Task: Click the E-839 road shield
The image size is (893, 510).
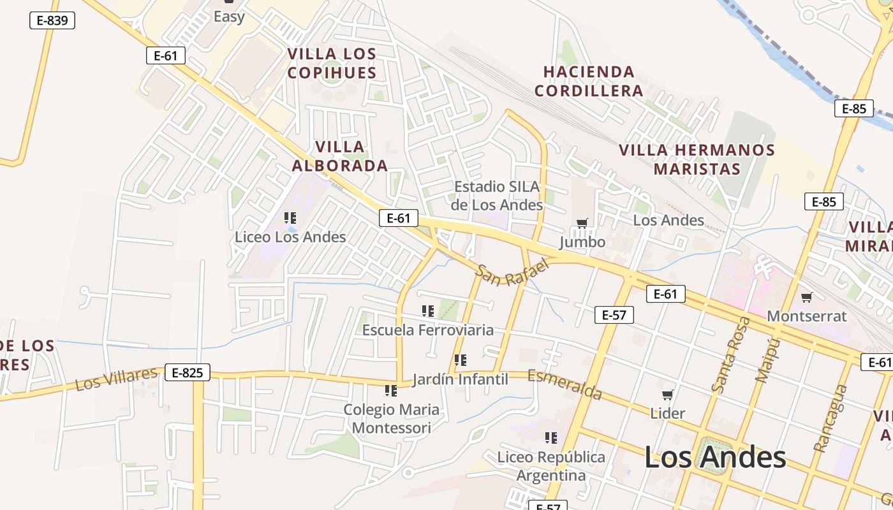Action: tap(52, 20)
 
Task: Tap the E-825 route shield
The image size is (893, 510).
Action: tap(188, 372)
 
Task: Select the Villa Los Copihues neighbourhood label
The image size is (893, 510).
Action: tap(332, 62)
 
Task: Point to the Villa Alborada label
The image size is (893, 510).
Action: tap(340, 156)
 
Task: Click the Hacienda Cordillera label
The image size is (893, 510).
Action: tap(588, 81)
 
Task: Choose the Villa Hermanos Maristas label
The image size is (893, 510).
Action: tap(697, 159)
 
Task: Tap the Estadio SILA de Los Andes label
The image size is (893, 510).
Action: tap(497, 196)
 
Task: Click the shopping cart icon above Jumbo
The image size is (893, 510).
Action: tap(582, 223)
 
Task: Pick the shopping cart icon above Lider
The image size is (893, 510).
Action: tap(668, 395)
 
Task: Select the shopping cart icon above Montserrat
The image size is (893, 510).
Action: tap(807, 296)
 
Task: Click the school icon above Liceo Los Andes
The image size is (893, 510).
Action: tap(290, 218)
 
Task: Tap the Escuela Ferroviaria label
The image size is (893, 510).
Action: tap(428, 330)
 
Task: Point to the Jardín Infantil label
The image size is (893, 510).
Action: tap(461, 379)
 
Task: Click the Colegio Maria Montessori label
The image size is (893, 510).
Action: tap(392, 418)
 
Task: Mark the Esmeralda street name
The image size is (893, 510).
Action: tap(565, 385)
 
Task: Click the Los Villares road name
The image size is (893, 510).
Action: tap(116, 379)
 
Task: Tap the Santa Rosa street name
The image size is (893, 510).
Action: tap(731, 354)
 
